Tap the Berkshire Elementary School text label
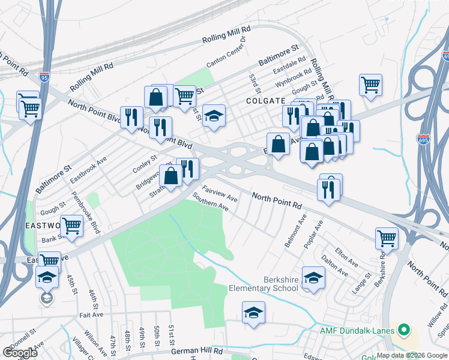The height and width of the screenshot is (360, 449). [x=264, y=284]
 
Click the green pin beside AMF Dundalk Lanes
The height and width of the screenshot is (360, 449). [x=404, y=331]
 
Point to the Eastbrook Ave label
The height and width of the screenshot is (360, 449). [x=88, y=170]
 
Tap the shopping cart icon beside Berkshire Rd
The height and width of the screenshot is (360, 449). [x=387, y=238]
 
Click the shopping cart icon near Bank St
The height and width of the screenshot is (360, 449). [x=71, y=226]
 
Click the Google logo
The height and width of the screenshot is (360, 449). [x=20, y=353]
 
